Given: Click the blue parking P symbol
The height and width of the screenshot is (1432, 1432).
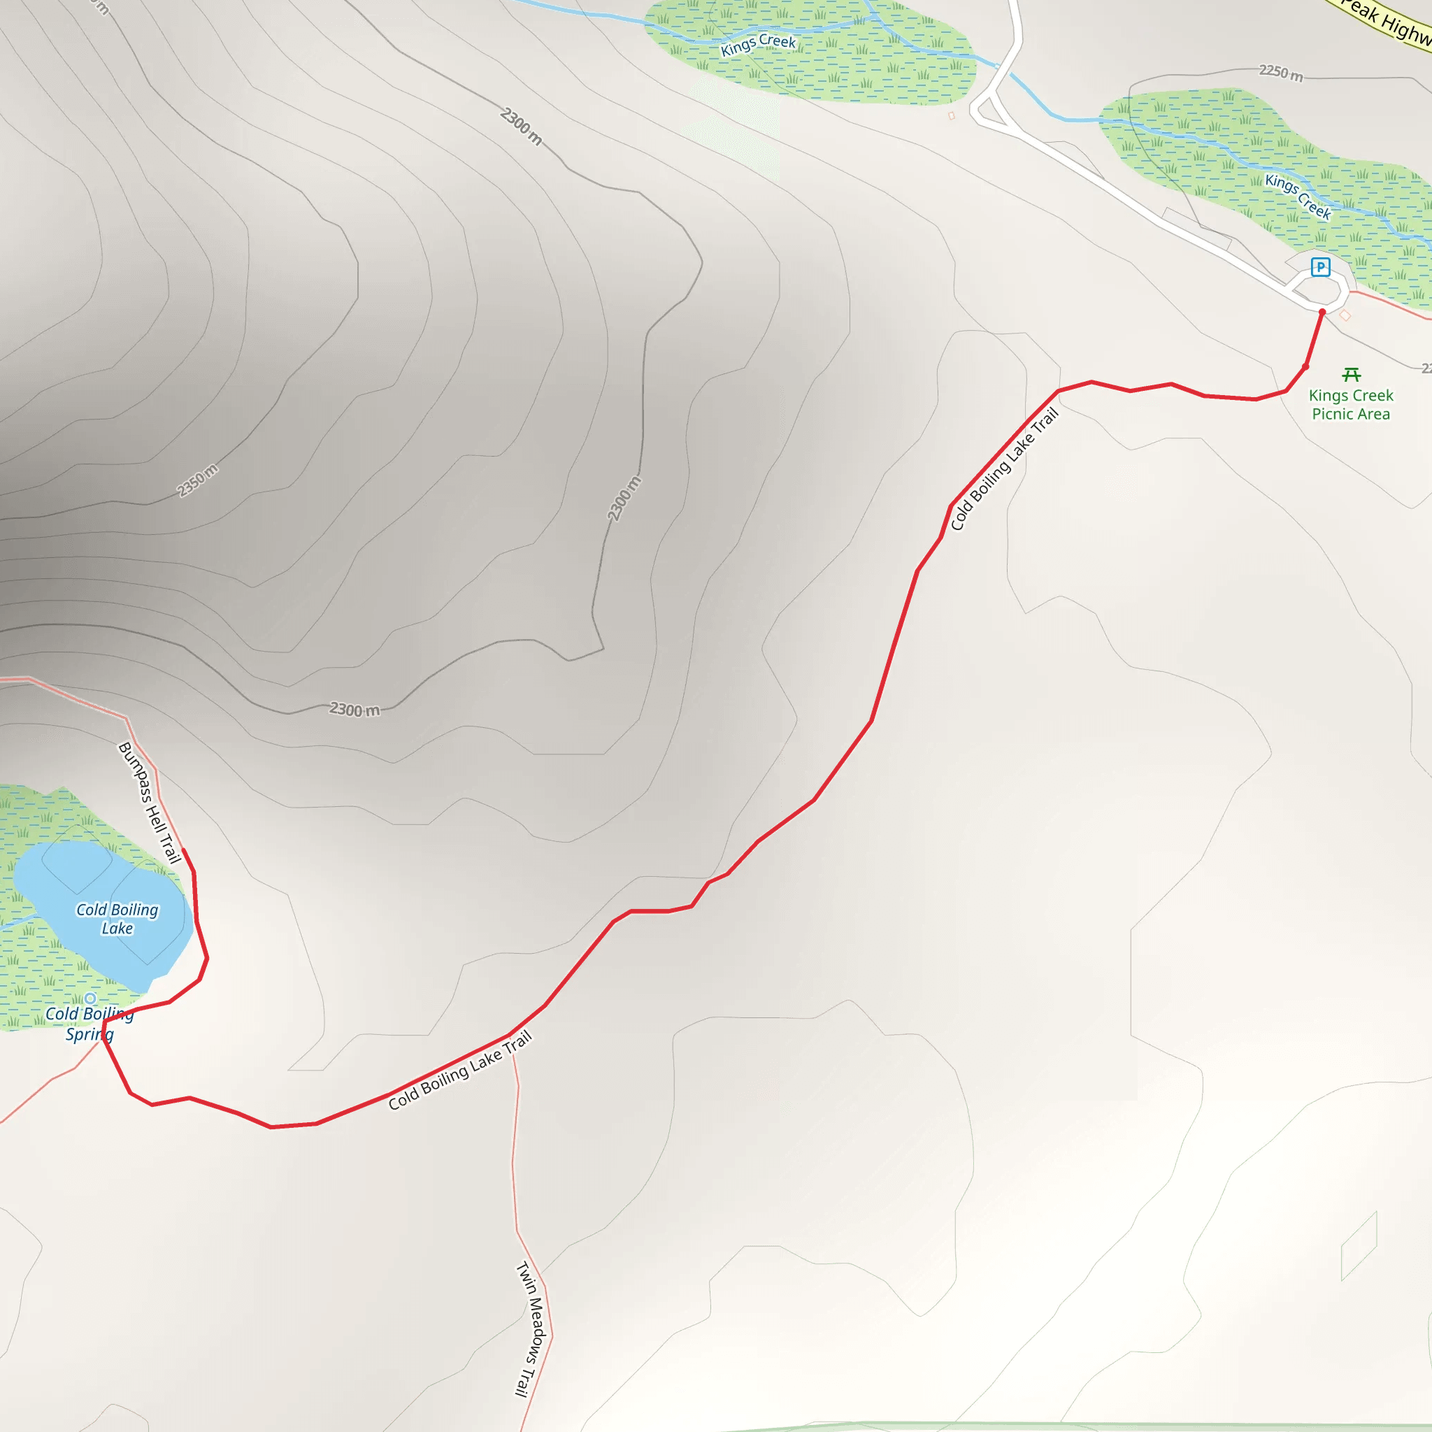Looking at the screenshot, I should pyautogui.click(x=1320, y=267).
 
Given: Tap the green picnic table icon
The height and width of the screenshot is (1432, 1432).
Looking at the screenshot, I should pyautogui.click(x=1351, y=375).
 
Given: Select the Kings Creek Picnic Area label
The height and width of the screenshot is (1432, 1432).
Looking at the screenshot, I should pyautogui.click(x=1350, y=405).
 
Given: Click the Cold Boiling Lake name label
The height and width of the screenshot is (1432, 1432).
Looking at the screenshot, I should pyautogui.click(x=117, y=918).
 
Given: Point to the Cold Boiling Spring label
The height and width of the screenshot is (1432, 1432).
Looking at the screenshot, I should pyautogui.click(x=89, y=1024).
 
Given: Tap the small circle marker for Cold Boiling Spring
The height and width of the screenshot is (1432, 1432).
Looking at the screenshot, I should pyautogui.click(x=89, y=998).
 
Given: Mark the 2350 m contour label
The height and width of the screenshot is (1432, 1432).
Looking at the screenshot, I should pyautogui.click(x=197, y=480).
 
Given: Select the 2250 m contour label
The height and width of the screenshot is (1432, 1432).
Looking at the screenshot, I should pyautogui.click(x=1281, y=73).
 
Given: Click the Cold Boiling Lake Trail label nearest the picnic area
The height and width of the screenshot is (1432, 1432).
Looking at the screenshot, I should pyautogui.click(x=1004, y=469).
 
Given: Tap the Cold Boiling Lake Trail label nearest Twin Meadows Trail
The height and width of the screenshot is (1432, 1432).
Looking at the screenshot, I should pyautogui.click(x=459, y=1070).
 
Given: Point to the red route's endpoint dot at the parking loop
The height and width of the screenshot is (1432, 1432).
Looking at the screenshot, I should pyautogui.click(x=1322, y=313).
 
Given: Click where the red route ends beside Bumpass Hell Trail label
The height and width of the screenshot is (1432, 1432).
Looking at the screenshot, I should pyautogui.click(x=183, y=850).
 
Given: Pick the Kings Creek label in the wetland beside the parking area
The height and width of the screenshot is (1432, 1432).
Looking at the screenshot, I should pyautogui.click(x=1298, y=196).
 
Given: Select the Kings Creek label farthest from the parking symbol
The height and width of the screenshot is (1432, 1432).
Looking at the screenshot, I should pyautogui.click(x=757, y=45).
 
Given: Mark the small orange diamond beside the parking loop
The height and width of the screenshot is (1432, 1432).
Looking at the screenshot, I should pyautogui.click(x=1345, y=316).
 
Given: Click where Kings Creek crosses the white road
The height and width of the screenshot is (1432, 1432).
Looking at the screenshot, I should pyautogui.click(x=998, y=66).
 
